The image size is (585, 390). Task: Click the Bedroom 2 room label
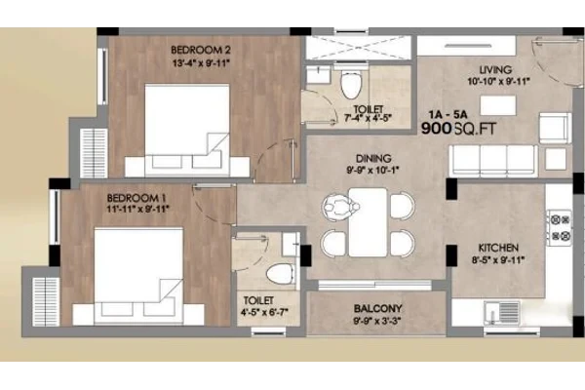click(200, 50)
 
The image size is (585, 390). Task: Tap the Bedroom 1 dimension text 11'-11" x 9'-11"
click(137, 209)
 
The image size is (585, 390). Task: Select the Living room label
click(495, 70)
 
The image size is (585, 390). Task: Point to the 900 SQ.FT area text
click(458, 129)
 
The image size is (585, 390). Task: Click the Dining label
click(373, 158)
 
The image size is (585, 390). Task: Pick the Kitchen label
click(498, 248)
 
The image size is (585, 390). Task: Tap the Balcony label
click(377, 309)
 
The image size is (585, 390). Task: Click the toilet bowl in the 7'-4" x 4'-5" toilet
click(351, 85)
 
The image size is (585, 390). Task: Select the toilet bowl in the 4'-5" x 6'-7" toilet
click(281, 274)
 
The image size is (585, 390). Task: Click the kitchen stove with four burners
click(560, 227)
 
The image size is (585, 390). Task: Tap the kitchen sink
click(502, 313)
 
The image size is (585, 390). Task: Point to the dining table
click(368, 222)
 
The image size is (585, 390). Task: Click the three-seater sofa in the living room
click(493, 161)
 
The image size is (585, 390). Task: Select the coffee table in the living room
click(497, 105)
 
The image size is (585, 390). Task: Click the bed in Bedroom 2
click(187, 131)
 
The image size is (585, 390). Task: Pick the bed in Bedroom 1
click(138, 276)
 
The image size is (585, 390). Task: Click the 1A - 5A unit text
click(448, 114)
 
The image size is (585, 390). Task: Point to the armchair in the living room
click(555, 128)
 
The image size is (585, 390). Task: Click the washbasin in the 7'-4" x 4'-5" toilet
click(318, 75)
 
